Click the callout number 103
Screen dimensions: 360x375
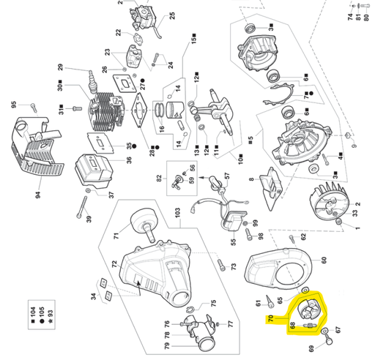[176, 210]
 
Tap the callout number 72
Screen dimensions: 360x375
[114, 263]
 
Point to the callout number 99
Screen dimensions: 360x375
[246, 222]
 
